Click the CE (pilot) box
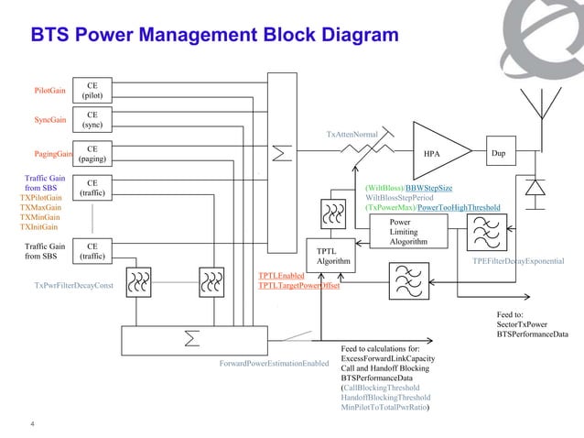coord(92,90)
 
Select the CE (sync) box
coord(92,119)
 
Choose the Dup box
coord(499,153)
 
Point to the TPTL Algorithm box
coord(327,256)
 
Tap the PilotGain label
coord(49,91)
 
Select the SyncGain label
coord(50,120)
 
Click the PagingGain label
coord(53,154)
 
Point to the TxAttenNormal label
coord(351,134)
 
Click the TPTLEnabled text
coord(281,275)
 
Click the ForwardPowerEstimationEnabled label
coord(274,364)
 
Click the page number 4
coord(33,422)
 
